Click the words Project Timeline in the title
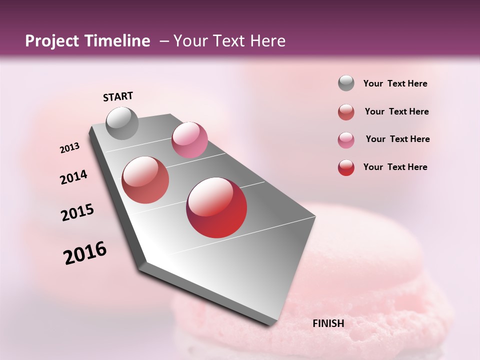87,41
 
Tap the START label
118,96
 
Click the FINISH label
328,323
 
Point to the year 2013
69,148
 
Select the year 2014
73,177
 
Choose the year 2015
77,212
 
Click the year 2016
85,252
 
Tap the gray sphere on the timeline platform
122,123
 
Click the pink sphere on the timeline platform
189,140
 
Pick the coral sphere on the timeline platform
145,180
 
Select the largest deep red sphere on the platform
216,207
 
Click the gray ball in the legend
346,83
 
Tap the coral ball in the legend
346,112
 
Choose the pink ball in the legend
346,140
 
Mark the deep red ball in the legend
346,167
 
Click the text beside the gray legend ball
395,84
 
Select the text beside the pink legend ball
397,139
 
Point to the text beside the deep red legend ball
395,167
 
